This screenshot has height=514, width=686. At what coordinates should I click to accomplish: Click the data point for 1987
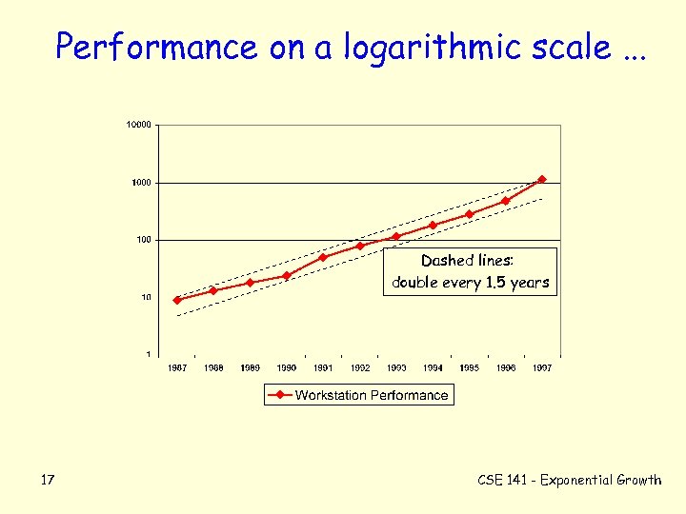click(177, 300)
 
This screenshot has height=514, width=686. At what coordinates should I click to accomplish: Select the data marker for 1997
click(542, 179)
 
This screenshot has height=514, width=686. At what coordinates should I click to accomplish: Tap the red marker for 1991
click(323, 257)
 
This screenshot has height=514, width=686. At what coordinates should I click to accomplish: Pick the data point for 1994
click(433, 226)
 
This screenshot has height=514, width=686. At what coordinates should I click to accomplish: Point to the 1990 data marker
click(287, 276)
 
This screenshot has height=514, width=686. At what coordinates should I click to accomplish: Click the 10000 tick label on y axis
click(138, 125)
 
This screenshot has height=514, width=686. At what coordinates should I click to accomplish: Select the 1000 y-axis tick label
click(141, 183)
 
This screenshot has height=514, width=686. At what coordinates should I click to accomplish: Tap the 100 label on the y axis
click(142, 240)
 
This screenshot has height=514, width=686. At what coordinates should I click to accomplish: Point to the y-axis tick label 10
click(145, 297)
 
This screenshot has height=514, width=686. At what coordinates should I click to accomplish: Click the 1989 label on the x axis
click(250, 367)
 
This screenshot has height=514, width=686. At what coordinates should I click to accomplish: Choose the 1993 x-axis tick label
click(396, 367)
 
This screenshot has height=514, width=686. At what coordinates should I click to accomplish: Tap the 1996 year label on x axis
click(506, 367)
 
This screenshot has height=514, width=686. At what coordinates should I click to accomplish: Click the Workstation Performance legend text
click(372, 395)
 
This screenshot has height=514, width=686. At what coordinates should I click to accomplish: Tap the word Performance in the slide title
click(156, 47)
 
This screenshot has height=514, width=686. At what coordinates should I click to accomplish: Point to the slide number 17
click(48, 480)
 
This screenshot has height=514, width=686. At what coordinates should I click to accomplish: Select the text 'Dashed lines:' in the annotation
click(467, 261)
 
